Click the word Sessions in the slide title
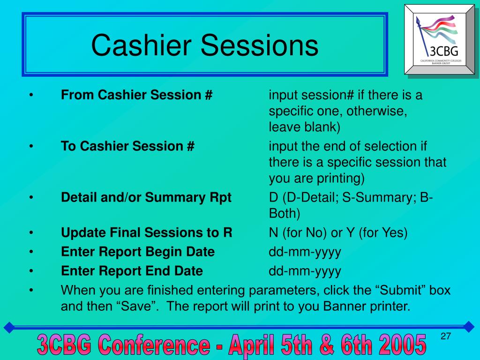coord(259,45)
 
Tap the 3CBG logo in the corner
coord(440,39)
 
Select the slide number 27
coord(446,336)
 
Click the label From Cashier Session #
coord(136,95)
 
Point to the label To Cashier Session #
coord(127,146)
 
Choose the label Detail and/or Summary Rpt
coord(146,198)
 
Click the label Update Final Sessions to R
coord(147,232)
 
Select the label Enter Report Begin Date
coord(138,252)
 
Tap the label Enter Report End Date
coord(132,271)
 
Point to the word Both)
coord(285,214)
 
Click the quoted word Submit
coord(401,290)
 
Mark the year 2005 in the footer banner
coord(402,345)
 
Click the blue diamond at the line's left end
coord(9,327)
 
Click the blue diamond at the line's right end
coord(469,327)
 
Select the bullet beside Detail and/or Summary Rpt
coord(31,197)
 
